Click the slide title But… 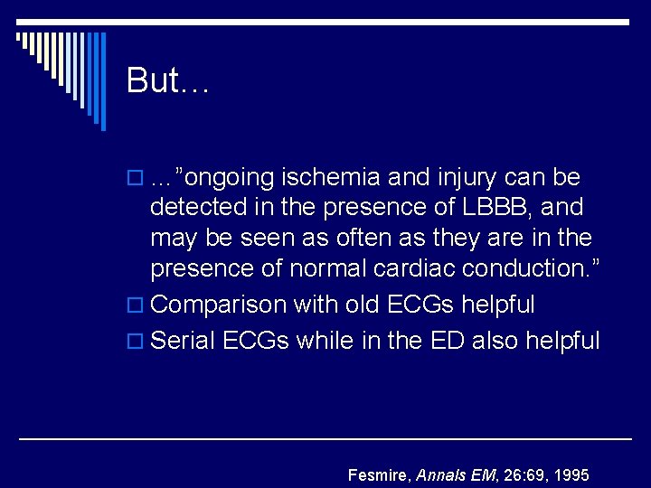coord(168,80)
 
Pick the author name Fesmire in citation coord(379,474)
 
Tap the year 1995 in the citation coord(571,474)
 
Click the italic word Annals coord(440,474)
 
